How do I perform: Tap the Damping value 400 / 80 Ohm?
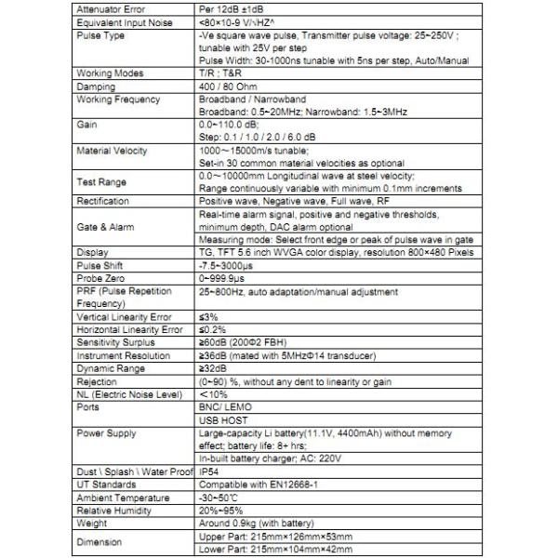pos(229,85)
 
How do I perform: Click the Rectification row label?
pos(103,200)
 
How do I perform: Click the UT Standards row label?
pos(106,485)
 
